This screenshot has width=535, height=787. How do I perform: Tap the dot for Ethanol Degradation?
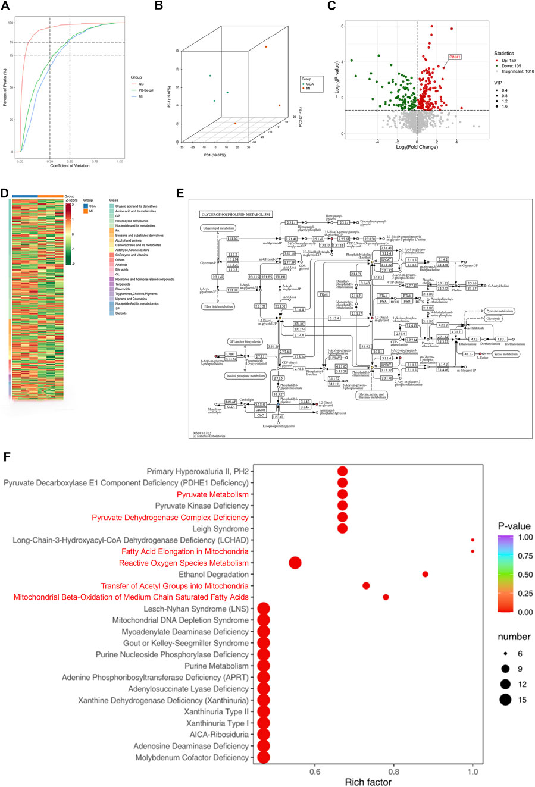click(x=425, y=574)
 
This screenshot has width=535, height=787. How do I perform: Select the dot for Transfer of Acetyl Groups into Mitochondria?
click(x=366, y=586)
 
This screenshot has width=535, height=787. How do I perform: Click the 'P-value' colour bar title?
click(x=514, y=526)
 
